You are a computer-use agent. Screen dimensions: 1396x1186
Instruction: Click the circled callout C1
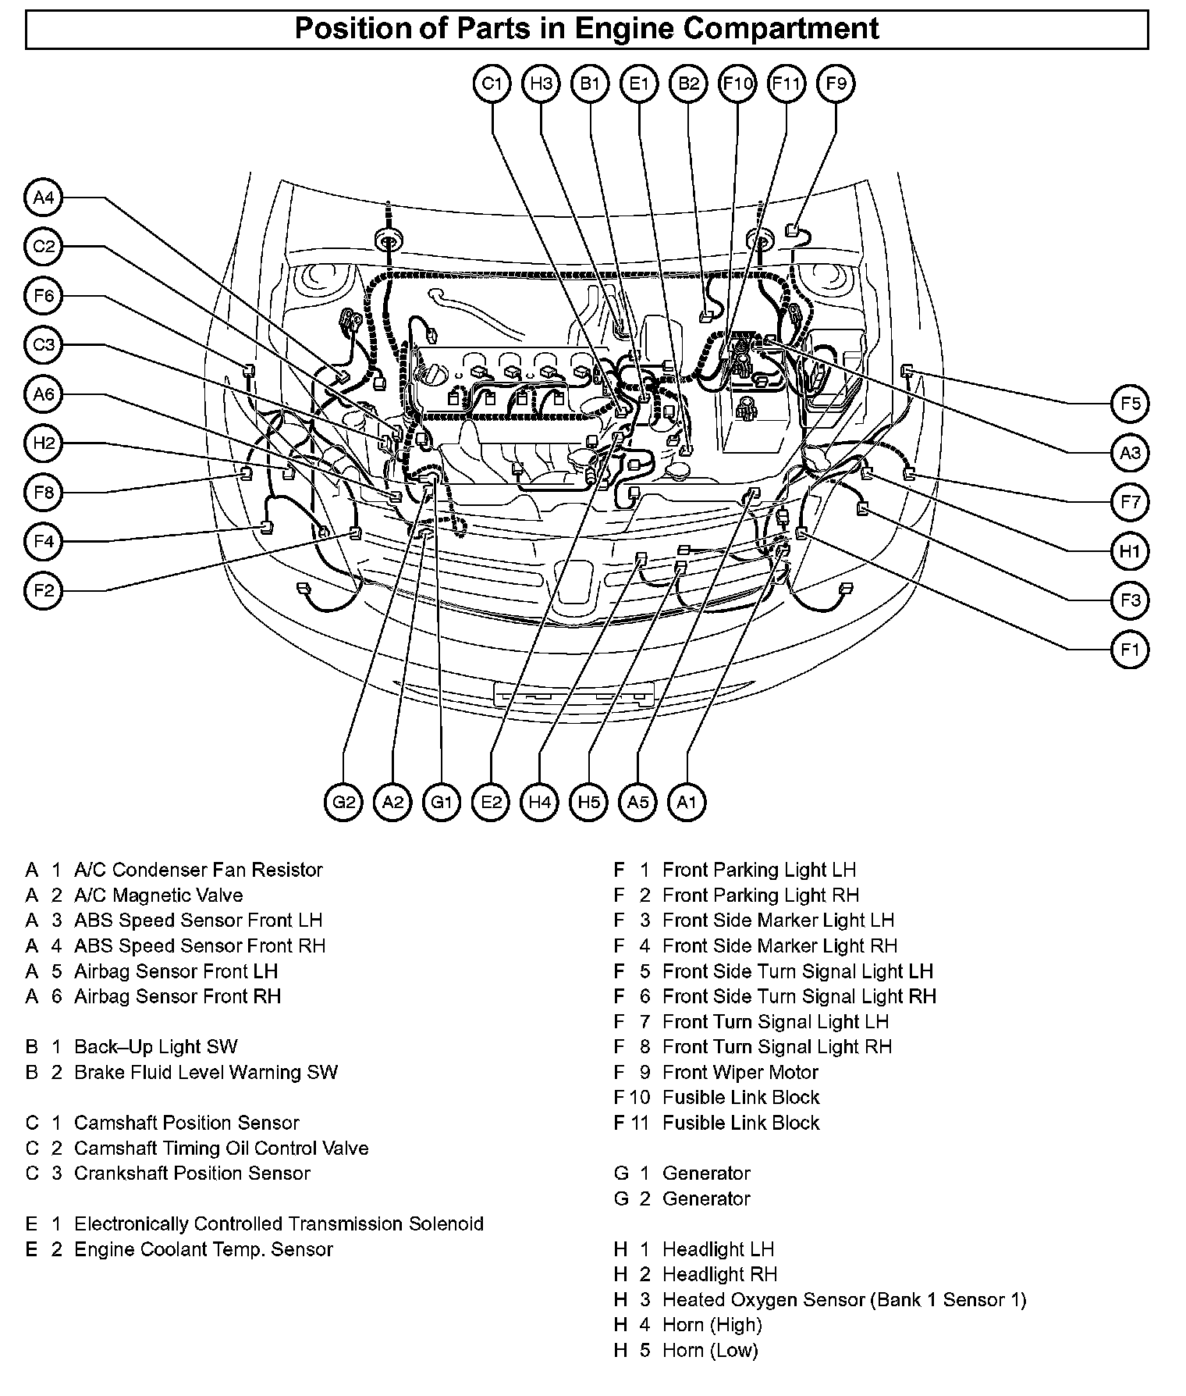492,84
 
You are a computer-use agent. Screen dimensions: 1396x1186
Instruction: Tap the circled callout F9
835,84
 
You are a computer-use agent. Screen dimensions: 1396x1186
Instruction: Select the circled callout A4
44,198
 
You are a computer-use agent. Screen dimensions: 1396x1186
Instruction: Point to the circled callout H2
44,443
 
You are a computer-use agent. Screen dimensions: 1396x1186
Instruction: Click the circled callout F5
1130,404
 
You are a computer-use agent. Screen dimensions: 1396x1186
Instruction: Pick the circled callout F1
1130,649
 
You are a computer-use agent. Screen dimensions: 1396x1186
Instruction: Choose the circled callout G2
343,802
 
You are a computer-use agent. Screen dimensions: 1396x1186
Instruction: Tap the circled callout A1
687,802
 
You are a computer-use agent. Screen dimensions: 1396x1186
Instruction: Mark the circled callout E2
491,802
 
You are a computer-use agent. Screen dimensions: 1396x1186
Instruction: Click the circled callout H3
541,84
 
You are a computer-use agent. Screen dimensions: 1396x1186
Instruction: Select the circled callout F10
737,84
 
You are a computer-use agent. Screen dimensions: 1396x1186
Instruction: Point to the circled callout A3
1130,453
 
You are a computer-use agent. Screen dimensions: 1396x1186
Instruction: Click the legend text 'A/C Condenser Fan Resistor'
198,870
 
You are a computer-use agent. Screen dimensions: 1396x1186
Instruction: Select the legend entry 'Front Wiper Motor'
740,1072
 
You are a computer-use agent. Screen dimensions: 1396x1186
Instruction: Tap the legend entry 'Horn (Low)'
710,1350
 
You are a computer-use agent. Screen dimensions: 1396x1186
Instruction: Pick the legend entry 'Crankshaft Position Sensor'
192,1173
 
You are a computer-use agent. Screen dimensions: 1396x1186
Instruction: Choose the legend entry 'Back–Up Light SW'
156,1046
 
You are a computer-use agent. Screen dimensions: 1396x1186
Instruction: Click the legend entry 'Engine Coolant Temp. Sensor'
204,1249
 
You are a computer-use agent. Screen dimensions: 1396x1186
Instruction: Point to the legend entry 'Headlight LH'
718,1249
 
